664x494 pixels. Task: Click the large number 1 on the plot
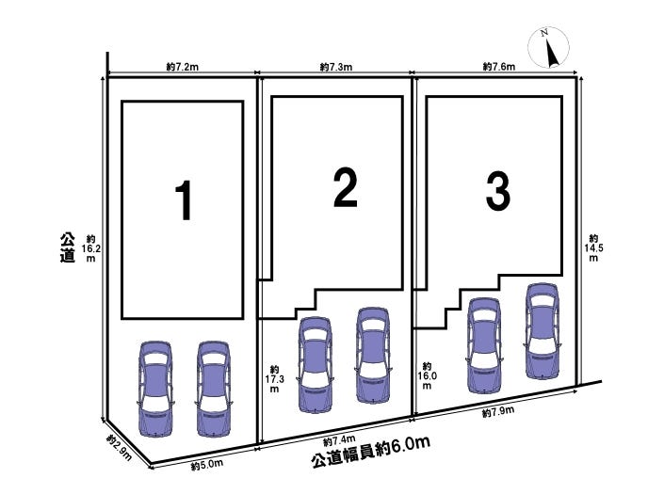pyautogui.click(x=186, y=200)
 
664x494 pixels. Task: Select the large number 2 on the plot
pyautogui.click(x=345, y=187)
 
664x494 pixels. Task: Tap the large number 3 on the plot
pyautogui.click(x=497, y=192)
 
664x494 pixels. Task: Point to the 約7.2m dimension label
pyautogui.click(x=180, y=67)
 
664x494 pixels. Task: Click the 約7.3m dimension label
pyautogui.click(x=335, y=67)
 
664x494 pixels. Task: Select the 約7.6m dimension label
pyautogui.click(x=498, y=67)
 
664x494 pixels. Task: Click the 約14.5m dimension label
pyautogui.click(x=593, y=248)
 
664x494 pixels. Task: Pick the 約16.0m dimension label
pyautogui.click(x=427, y=375)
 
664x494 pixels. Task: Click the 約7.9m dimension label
pyautogui.click(x=496, y=412)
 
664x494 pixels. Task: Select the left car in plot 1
pyautogui.click(x=155, y=387)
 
